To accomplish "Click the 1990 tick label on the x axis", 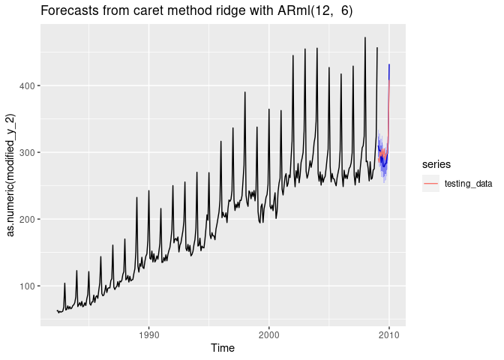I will pos(148,335).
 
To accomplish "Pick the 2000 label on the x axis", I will pos(269,335).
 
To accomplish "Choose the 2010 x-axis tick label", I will pos(389,335).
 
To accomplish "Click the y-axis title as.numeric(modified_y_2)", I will pos(11,175).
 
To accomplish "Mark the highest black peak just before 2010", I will pos(365,37).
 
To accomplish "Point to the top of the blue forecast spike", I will pos(388,65).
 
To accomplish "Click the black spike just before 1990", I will pos(136,198).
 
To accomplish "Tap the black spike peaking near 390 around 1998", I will pos(244,93).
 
